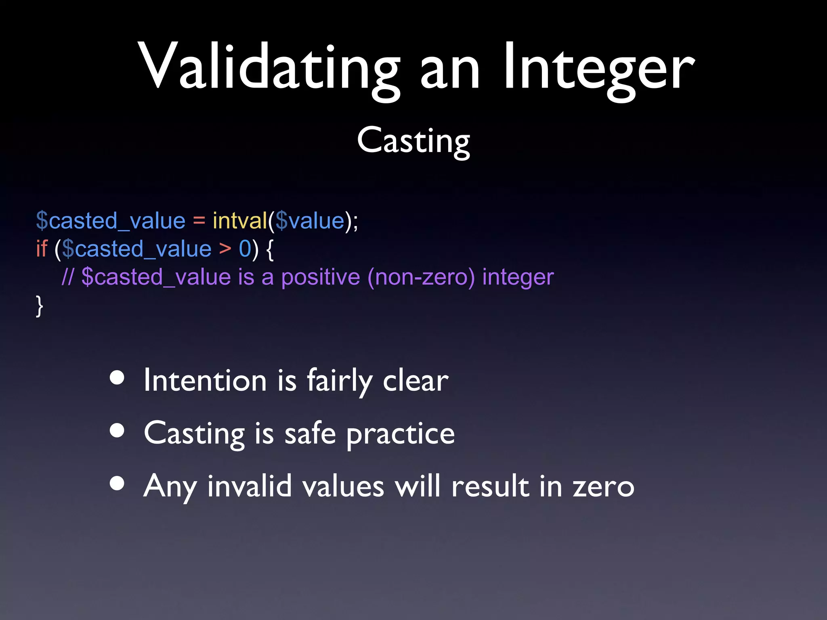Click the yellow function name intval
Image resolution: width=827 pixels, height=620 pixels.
[240, 221]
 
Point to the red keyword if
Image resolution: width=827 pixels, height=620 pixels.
[42, 249]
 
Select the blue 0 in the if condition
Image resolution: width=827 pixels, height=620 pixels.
[245, 249]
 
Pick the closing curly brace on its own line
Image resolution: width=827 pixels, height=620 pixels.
[39, 306]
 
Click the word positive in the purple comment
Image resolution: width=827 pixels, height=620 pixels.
[320, 278]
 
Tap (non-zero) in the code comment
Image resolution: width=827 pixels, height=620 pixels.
[421, 278]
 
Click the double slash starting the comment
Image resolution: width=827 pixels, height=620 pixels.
[67, 277]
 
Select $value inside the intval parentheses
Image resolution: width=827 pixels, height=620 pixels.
[310, 221]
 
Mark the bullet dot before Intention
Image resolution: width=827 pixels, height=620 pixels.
[117, 378]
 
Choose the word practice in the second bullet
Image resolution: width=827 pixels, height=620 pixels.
[400, 434]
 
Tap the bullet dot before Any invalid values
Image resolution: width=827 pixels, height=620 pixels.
[117, 483]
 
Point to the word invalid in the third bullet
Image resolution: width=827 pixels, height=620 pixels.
[249, 486]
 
